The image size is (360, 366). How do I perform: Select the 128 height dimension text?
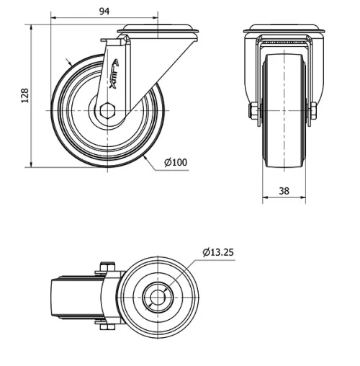click(x=24, y=96)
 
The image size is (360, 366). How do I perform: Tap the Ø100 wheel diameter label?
click(x=176, y=163)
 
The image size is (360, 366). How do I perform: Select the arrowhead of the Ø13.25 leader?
click(x=170, y=287)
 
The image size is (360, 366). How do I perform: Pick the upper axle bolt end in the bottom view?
click(x=107, y=269)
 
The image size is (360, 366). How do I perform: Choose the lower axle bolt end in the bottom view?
click(x=107, y=329)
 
